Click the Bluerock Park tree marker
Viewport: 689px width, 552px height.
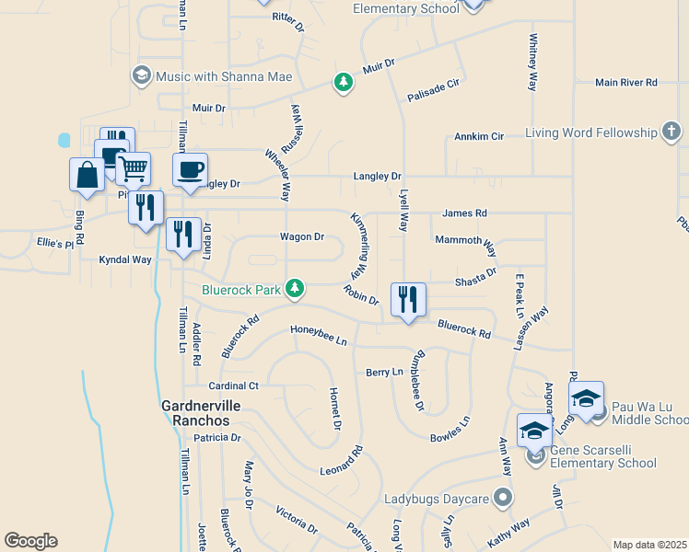pyautogui.click(x=295, y=289)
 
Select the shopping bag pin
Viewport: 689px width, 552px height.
pyautogui.click(x=88, y=174)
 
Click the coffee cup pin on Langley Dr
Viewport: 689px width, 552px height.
pyautogui.click(x=191, y=170)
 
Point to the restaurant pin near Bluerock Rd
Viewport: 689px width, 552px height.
pyautogui.click(x=407, y=299)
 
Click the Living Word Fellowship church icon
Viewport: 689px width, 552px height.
pyautogui.click(x=672, y=133)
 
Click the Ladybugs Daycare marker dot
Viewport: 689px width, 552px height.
pyautogui.click(x=502, y=499)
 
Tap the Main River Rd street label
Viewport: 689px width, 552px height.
pyautogui.click(x=625, y=83)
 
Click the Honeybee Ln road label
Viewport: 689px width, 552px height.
pyautogui.click(x=319, y=335)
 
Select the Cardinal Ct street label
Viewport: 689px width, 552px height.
pyautogui.click(x=233, y=385)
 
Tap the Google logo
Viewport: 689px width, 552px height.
pyautogui.click(x=30, y=541)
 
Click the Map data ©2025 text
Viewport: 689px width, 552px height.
pyautogui.click(x=650, y=545)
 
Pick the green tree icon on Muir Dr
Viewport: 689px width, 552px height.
pyautogui.click(x=344, y=83)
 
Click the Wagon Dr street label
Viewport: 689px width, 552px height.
pyautogui.click(x=302, y=236)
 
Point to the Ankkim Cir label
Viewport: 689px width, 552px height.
pyautogui.click(x=479, y=136)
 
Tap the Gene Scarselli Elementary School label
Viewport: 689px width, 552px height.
pyautogui.click(x=603, y=456)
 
